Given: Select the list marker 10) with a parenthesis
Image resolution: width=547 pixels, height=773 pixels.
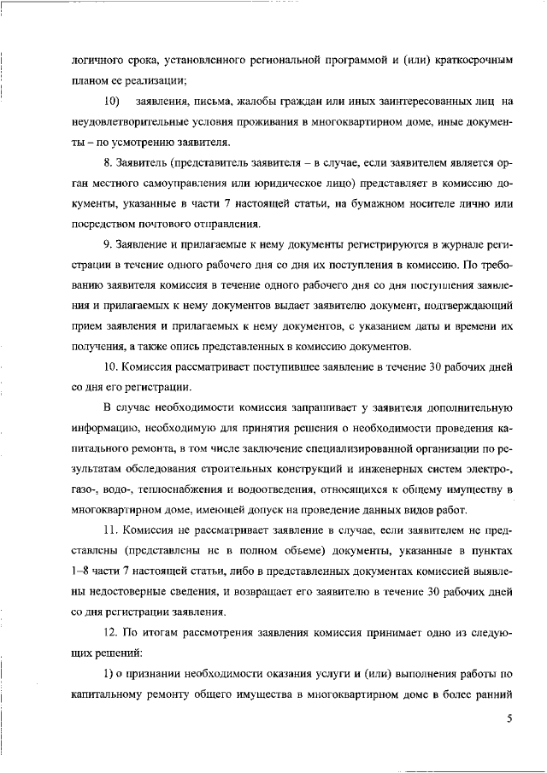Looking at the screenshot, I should pos(110,102).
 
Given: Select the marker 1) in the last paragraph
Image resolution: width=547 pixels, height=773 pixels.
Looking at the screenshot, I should pos(109,674).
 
